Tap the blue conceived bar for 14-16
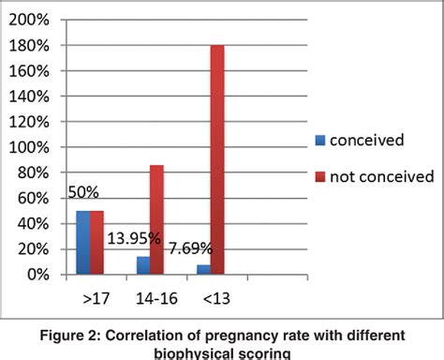[143, 265]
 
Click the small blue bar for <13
[202, 270]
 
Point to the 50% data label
[84, 192]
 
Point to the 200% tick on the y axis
[29, 20]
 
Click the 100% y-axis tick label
[29, 147]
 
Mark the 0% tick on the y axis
[37, 275]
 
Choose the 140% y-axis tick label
[29, 97]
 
